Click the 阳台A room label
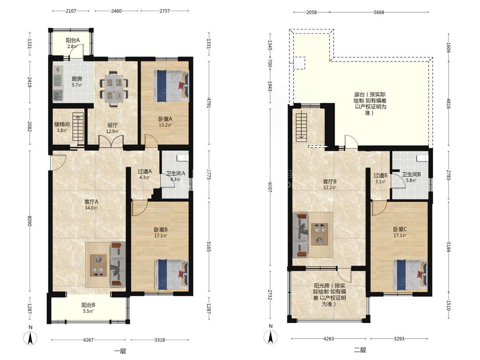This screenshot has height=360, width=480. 73,40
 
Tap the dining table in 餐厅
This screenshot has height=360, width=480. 114,89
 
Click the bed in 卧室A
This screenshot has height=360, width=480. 171,86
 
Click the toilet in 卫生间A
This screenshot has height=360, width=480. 183,158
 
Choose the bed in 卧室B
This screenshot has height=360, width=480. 171,275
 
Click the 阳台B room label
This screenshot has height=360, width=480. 88,305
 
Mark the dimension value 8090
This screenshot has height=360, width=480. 30,221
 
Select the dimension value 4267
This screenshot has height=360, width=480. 88,340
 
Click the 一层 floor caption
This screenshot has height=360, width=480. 120,351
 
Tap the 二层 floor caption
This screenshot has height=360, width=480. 360,350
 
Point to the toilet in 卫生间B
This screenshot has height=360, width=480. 422,158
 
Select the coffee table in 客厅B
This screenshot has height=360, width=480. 320,234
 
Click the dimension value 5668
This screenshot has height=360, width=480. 379,12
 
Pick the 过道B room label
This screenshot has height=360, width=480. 381,175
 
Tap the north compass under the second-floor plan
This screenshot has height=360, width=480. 271,337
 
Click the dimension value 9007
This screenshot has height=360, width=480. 270,187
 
